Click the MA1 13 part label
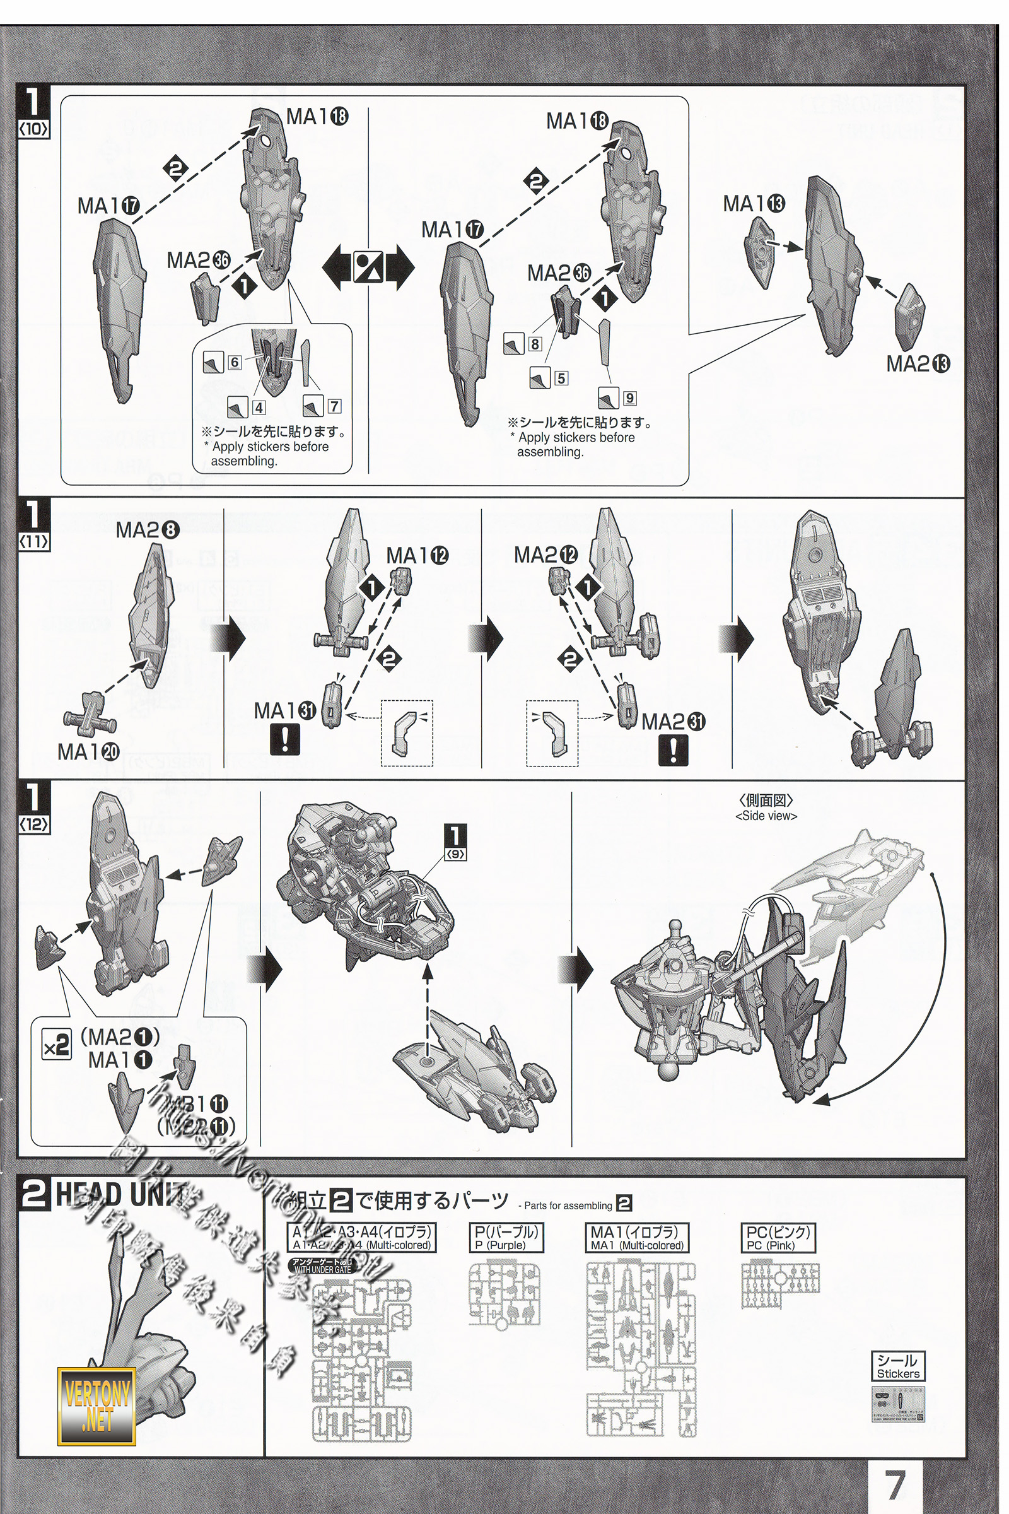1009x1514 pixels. (x=754, y=204)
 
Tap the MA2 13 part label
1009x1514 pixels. (x=918, y=364)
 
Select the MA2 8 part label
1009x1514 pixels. (x=147, y=531)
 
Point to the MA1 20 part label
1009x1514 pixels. (x=88, y=751)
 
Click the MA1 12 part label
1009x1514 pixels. (x=417, y=555)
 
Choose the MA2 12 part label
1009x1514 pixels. (x=545, y=555)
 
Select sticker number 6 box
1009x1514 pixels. (x=234, y=362)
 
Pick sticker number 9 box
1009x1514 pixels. (x=629, y=398)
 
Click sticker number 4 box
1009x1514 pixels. (x=259, y=407)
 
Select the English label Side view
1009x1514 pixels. (x=766, y=816)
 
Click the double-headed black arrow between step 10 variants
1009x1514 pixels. (x=369, y=266)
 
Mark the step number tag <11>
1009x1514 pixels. (x=33, y=541)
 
